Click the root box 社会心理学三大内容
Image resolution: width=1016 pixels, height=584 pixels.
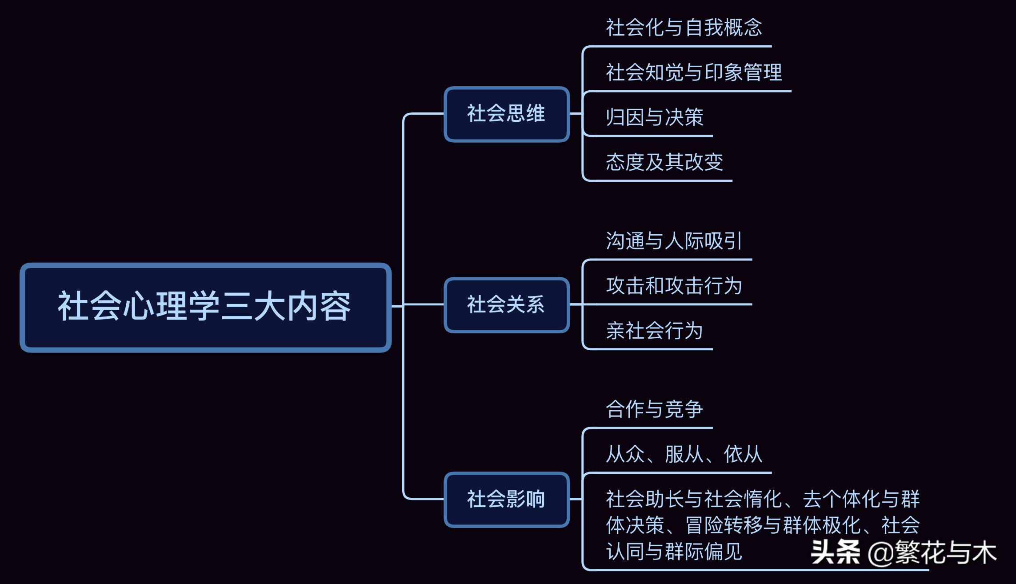click(205, 307)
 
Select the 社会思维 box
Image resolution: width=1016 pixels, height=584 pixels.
click(506, 114)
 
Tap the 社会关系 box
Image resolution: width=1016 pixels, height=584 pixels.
click(506, 305)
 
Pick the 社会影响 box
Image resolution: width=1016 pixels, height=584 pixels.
click(506, 500)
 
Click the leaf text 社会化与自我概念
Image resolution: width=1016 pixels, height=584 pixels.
click(684, 28)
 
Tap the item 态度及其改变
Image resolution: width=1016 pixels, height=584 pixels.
click(664, 162)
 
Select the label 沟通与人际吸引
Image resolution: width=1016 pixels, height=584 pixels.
click(674, 241)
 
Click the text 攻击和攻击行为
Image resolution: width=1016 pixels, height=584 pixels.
click(674, 286)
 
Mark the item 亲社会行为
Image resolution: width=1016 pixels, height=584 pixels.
click(655, 331)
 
